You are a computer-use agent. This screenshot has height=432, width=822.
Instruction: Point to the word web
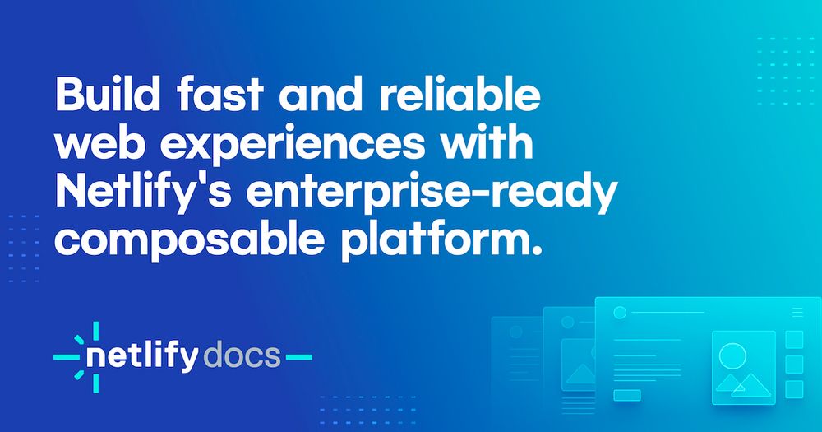(99, 144)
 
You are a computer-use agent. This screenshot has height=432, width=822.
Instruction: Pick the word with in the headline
(487, 144)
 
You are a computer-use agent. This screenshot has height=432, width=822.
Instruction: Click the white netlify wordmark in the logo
(142, 357)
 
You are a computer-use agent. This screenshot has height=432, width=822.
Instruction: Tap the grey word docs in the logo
(242, 356)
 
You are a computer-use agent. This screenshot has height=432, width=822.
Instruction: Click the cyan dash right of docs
(299, 357)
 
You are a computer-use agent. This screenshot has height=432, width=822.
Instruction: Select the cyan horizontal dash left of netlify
(67, 357)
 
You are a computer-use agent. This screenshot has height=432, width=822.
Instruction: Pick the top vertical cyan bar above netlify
(96, 332)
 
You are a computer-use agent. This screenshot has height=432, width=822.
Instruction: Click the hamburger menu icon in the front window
(797, 313)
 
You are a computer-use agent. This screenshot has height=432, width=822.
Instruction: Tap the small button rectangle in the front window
(627, 395)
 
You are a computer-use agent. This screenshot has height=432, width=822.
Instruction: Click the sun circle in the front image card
(732, 356)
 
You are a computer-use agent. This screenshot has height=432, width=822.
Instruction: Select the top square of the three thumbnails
(794, 340)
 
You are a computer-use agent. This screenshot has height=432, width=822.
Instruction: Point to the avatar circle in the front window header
(620, 313)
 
